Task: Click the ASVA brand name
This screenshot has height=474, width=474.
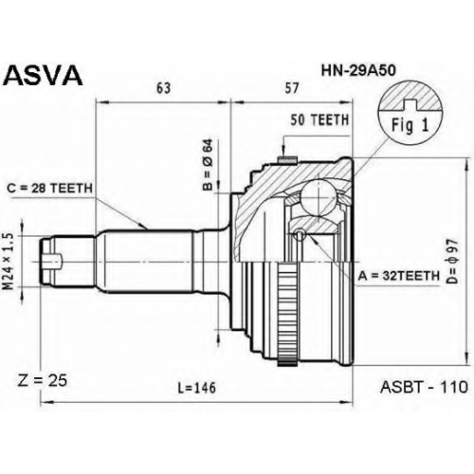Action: (x=44, y=76)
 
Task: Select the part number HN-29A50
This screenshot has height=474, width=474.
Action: (x=358, y=71)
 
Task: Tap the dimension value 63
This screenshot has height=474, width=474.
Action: (x=163, y=88)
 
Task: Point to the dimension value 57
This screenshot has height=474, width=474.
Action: (x=291, y=88)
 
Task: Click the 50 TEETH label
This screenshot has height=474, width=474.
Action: (x=319, y=119)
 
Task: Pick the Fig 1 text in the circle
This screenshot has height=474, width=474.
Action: (x=410, y=125)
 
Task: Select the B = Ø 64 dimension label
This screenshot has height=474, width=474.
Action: (x=208, y=165)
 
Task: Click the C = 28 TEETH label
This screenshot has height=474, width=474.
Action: (x=49, y=189)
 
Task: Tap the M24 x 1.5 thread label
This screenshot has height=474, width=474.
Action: (x=9, y=261)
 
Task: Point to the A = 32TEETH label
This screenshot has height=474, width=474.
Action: (x=399, y=276)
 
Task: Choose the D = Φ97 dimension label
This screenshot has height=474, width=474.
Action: (x=452, y=261)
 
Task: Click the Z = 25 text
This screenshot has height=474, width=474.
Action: (x=42, y=381)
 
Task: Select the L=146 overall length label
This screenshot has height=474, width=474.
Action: (x=196, y=388)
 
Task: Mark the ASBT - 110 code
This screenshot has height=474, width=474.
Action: (x=424, y=387)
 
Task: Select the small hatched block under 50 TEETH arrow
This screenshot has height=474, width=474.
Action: (x=287, y=160)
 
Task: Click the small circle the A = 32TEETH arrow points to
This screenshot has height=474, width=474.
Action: (x=300, y=235)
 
